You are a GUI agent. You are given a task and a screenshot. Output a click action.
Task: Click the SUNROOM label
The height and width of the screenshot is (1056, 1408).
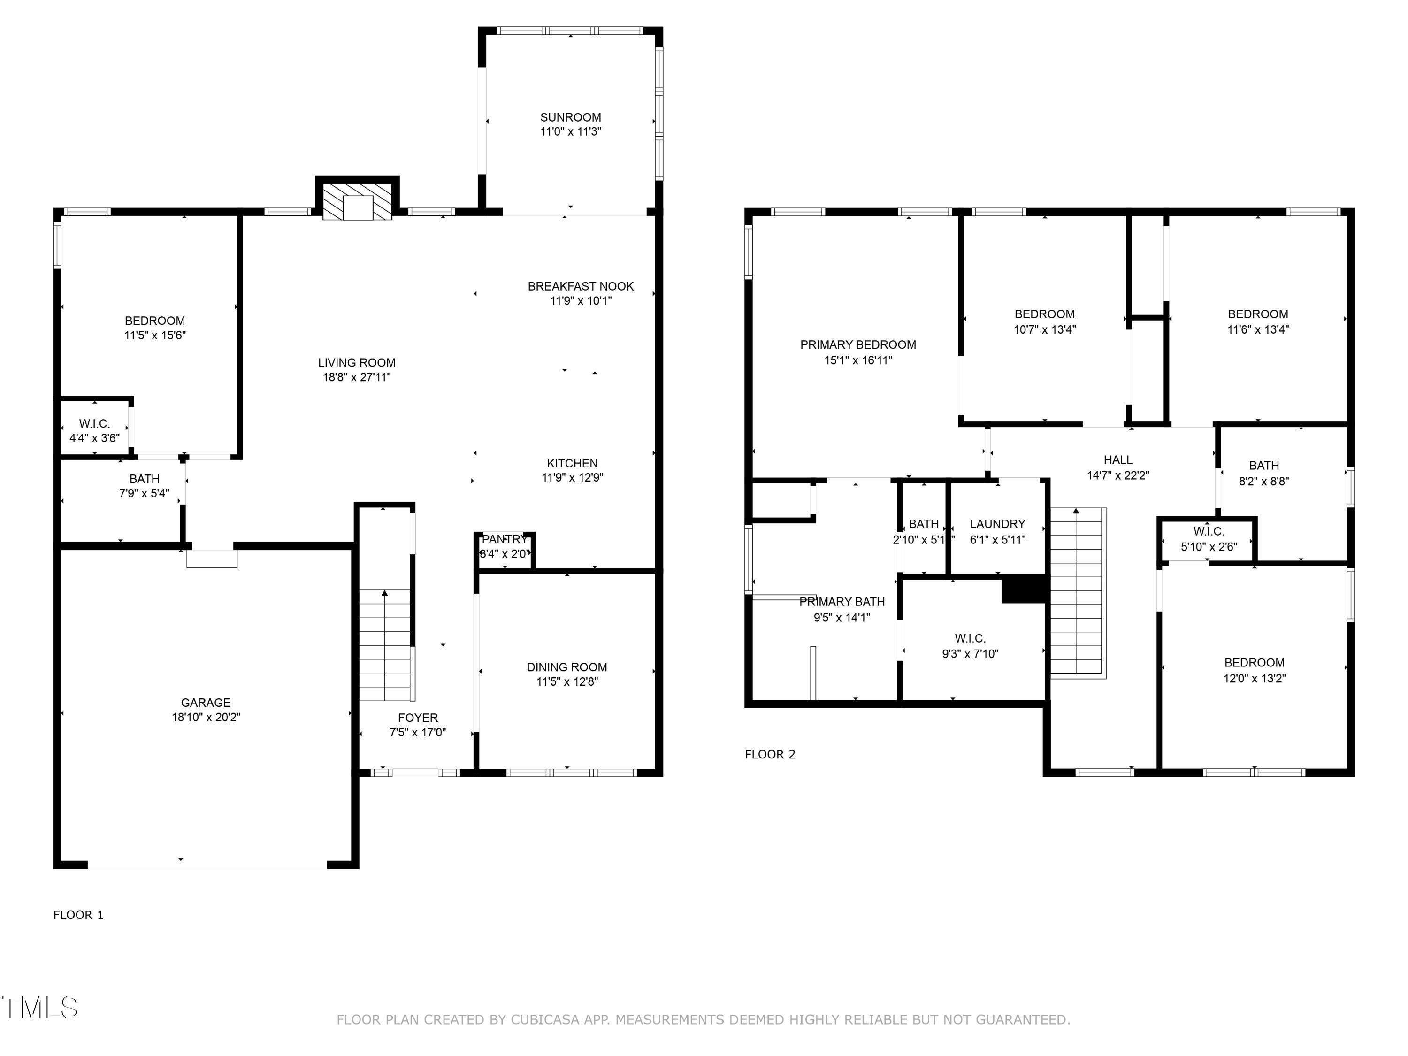click(570, 117)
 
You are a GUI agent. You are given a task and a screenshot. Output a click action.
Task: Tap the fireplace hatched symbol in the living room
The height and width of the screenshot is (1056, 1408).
click(357, 202)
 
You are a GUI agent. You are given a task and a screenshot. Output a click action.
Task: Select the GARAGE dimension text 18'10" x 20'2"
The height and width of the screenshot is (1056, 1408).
click(206, 717)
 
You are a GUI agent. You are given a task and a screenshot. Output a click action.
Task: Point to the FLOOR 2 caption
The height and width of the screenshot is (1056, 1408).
click(770, 754)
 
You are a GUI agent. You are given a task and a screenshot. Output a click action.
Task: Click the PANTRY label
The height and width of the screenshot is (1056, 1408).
click(504, 540)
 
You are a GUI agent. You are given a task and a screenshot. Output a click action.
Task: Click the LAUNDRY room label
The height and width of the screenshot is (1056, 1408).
click(997, 524)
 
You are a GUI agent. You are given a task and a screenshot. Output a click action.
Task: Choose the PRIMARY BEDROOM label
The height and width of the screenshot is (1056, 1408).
click(857, 344)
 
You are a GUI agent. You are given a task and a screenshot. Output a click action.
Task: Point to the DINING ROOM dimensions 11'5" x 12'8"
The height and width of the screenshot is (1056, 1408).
click(566, 682)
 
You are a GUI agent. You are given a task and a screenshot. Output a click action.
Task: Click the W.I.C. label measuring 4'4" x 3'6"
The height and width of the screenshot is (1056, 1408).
click(94, 424)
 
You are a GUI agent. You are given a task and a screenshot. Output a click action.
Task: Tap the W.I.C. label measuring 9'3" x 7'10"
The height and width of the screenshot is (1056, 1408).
click(970, 638)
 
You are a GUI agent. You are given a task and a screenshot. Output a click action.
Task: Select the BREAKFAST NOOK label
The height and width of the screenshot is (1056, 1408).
click(580, 286)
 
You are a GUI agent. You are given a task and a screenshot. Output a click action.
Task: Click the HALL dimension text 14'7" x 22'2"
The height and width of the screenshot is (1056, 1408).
click(1118, 475)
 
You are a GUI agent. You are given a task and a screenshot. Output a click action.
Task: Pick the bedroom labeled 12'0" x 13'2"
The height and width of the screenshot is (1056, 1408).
click(1254, 663)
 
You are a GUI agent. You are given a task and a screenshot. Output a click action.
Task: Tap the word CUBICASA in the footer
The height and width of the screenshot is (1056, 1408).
click(545, 1020)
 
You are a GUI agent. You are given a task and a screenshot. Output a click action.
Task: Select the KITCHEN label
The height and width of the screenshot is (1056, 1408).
click(572, 463)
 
